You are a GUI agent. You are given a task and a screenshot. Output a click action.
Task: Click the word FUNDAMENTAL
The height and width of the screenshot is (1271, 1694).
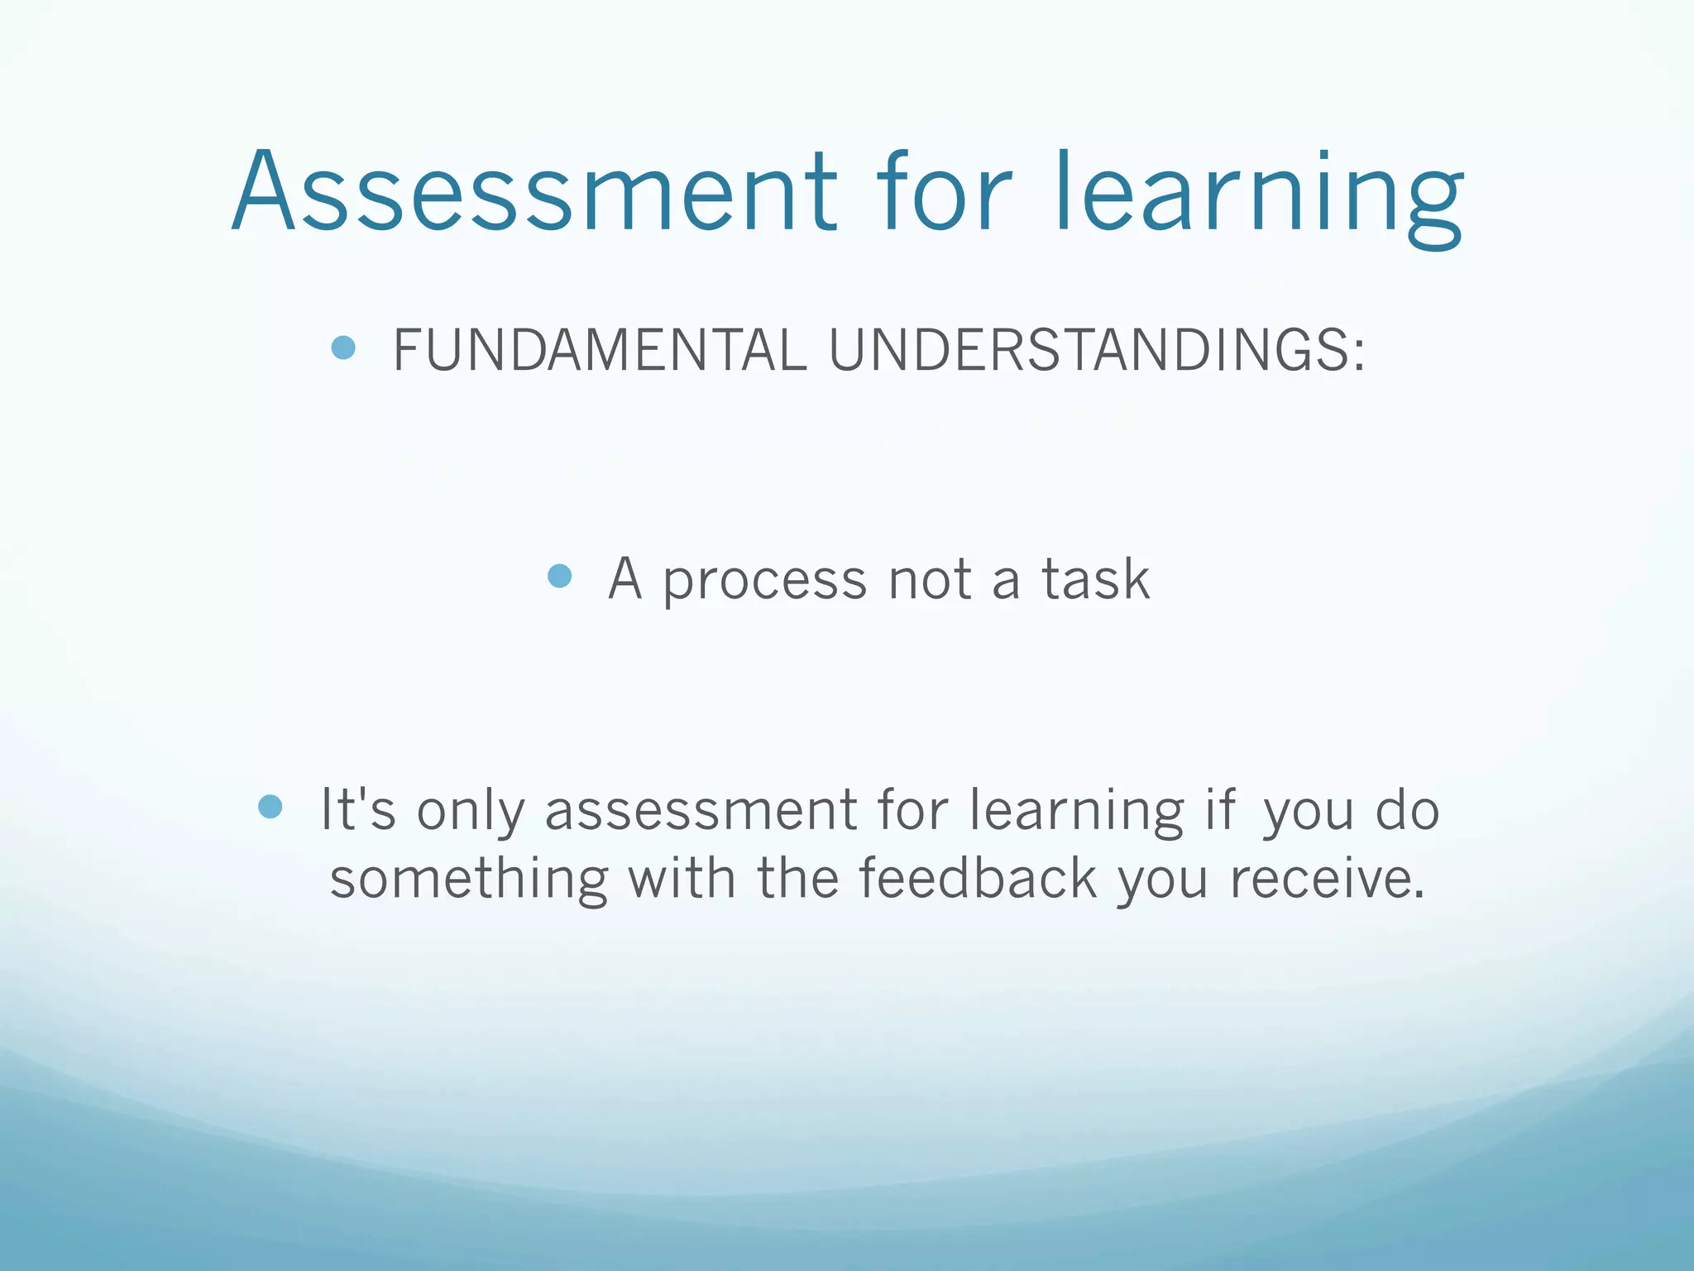tap(600, 350)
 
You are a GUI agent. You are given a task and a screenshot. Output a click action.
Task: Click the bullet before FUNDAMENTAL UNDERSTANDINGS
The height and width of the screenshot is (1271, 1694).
tap(343, 348)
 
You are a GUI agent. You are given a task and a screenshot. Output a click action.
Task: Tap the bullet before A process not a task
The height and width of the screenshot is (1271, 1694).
tap(560, 576)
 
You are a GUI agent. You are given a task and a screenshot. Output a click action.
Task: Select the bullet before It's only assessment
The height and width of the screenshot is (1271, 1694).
tap(270, 807)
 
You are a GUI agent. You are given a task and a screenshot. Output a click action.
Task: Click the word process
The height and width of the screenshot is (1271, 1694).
tap(765, 581)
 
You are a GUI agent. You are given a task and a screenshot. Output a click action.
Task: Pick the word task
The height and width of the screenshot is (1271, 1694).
tap(1095, 579)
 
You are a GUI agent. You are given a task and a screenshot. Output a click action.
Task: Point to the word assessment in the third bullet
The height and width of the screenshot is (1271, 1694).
tap(701, 810)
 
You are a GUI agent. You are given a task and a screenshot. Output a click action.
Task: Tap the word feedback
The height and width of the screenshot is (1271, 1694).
tap(978, 878)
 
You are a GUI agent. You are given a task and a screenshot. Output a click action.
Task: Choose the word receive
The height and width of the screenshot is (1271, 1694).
tap(1327, 879)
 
